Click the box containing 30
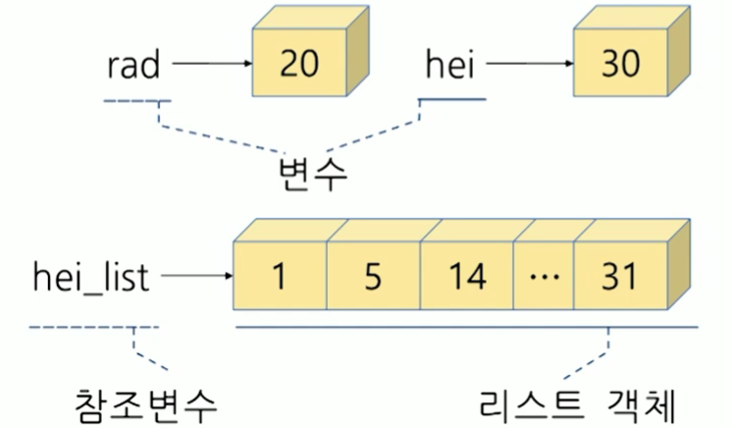pyautogui.click(x=617, y=65)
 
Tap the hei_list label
pyautogui.click(x=90, y=278)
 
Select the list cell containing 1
pyautogui.click(x=279, y=278)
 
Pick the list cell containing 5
pyautogui.click(x=372, y=278)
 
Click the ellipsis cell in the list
pyautogui.click(x=542, y=278)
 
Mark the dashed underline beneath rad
pyautogui.click(x=135, y=101)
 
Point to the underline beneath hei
pyautogui.click(x=452, y=99)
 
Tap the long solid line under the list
pyautogui.click(x=466, y=327)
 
